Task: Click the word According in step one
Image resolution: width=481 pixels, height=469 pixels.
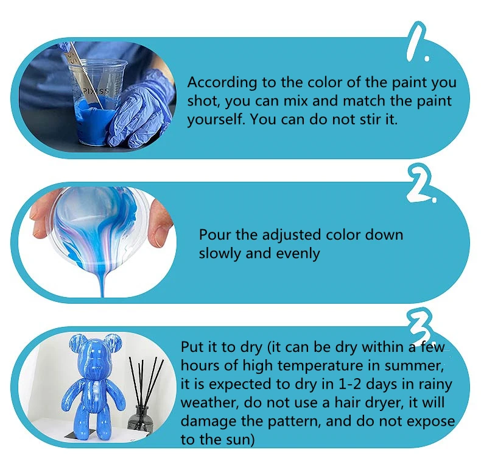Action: click(222, 83)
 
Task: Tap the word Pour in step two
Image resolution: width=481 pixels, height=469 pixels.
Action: click(215, 235)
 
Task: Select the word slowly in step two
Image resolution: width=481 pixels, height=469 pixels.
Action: click(220, 254)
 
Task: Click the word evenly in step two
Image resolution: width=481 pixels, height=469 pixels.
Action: click(298, 254)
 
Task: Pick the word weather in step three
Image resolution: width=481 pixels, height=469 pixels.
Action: click(209, 403)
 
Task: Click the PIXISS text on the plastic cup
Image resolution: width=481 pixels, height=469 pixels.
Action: click(96, 91)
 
